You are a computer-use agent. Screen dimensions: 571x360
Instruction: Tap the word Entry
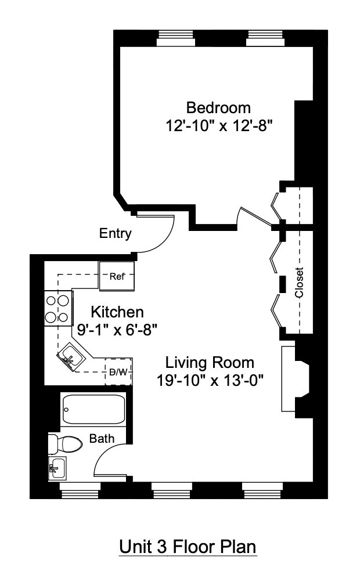115,234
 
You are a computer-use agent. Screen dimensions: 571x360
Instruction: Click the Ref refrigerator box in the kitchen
117,276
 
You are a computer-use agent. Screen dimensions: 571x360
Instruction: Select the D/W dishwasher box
118,372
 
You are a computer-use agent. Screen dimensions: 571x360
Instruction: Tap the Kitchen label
117,312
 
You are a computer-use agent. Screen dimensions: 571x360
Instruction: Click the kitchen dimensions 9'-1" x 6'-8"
117,329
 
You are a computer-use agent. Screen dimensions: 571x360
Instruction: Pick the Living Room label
210,363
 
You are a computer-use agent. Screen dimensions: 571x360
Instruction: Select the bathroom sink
57,467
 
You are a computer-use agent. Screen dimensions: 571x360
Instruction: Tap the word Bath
102,439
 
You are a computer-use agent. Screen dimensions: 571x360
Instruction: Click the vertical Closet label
299,283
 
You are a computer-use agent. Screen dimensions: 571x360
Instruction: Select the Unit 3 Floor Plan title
188,547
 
